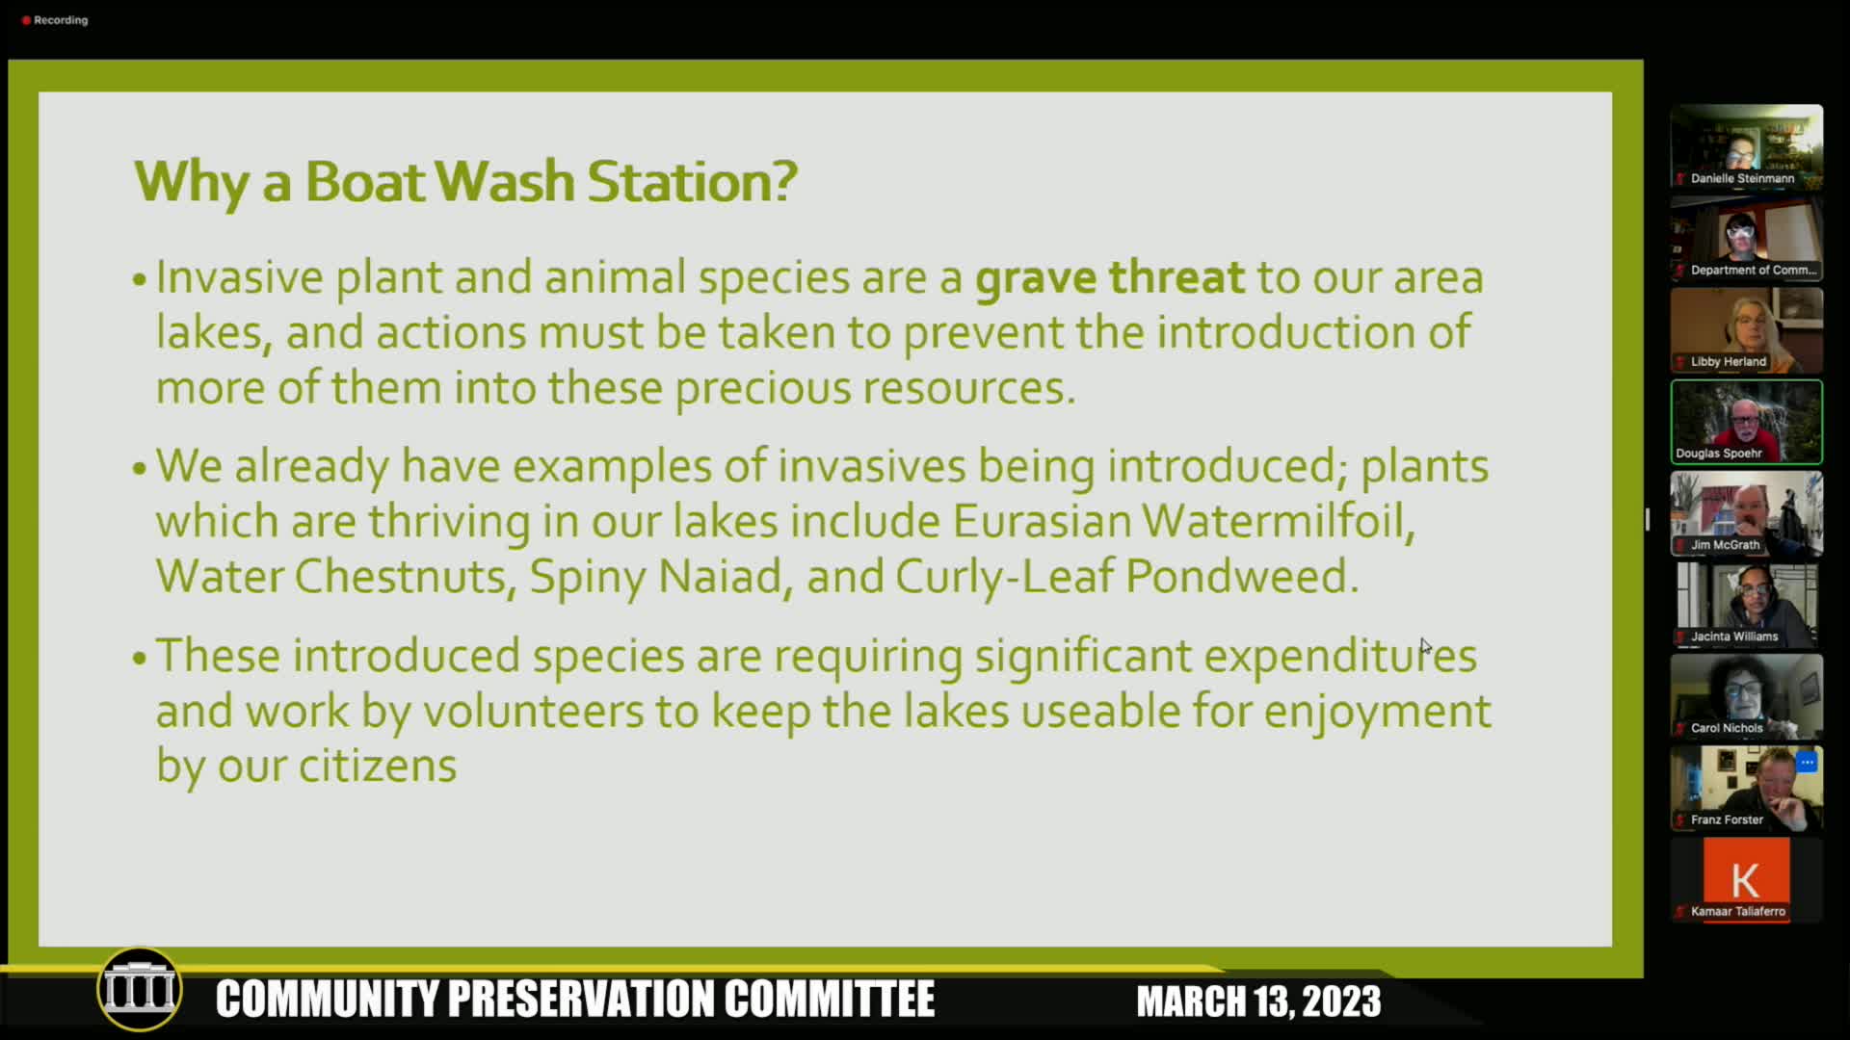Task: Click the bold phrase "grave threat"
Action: [x=1110, y=278]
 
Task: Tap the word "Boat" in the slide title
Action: [x=365, y=181]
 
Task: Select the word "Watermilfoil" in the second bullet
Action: [x=1279, y=521]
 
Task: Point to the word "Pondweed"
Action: [x=1242, y=577]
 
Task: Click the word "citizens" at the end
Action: [x=378, y=767]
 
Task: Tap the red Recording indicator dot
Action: [x=26, y=20]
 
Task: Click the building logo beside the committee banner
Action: [x=141, y=989]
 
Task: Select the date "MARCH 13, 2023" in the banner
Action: [x=1258, y=1001]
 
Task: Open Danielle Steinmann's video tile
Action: [x=1746, y=146]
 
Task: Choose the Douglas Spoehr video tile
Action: [x=1746, y=422]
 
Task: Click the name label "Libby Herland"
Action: [x=1729, y=362]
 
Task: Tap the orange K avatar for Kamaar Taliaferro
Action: [x=1746, y=878]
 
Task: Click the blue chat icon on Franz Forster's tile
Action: [x=1807, y=762]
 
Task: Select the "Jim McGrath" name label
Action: [x=1725, y=545]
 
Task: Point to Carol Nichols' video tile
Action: [x=1746, y=696]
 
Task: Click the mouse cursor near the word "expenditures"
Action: [x=1425, y=646]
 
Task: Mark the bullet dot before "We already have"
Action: [x=140, y=469]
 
